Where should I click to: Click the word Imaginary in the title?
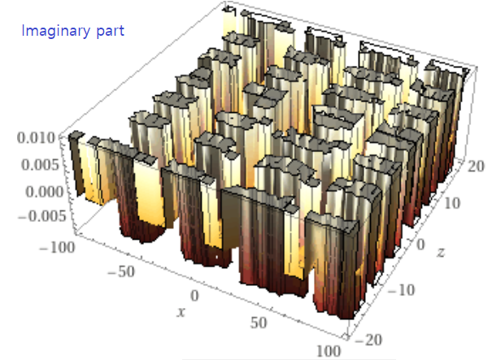55,32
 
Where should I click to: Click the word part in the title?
111,32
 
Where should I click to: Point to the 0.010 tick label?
36,138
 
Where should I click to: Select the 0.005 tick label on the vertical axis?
40,165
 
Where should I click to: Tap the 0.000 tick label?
44,192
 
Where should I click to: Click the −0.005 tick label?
42,216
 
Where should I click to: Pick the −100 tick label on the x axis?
57,248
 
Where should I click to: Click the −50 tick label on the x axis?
121,271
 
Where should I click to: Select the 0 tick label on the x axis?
194,296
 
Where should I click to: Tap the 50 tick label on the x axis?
259,323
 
